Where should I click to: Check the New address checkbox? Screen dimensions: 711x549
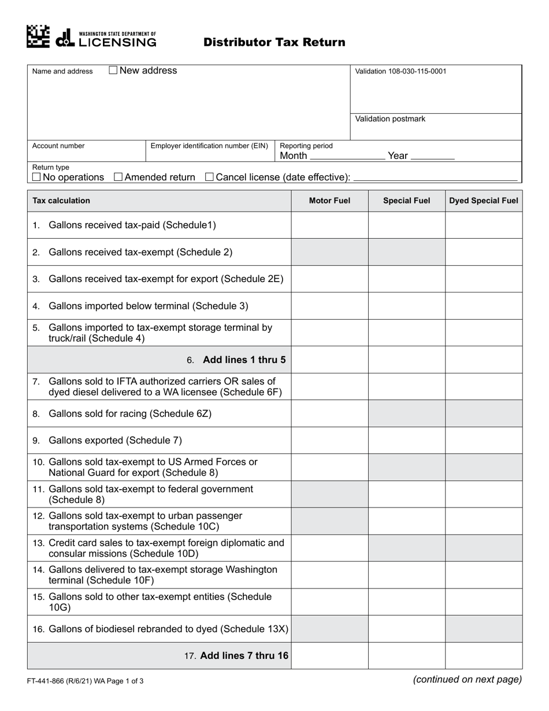click(x=113, y=71)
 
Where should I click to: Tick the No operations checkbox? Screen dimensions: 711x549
click(x=36, y=177)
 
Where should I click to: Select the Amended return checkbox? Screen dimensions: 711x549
click(x=118, y=177)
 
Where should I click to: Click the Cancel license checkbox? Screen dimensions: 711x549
click(x=210, y=177)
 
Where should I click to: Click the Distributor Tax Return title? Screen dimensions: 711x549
click(x=274, y=42)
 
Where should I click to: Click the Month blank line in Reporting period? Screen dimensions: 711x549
click(x=347, y=156)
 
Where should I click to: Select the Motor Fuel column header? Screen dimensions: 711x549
click(x=329, y=201)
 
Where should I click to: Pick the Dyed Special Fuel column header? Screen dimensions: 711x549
click(x=484, y=201)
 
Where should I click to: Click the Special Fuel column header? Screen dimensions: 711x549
click(x=407, y=201)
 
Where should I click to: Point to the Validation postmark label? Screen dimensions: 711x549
click(x=390, y=119)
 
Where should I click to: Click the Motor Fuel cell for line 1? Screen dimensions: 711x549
click(x=329, y=225)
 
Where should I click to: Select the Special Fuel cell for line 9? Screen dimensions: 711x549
click(x=407, y=440)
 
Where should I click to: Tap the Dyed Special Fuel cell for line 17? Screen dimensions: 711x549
click(x=484, y=656)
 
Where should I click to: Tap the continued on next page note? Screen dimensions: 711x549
click(x=467, y=680)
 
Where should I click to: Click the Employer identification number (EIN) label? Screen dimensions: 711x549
click(x=209, y=146)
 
